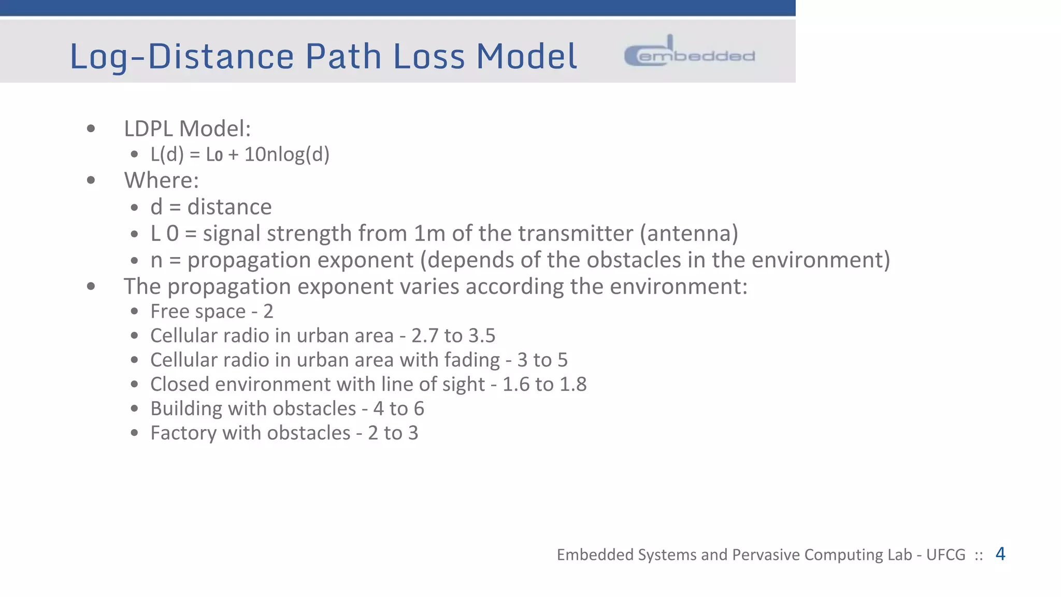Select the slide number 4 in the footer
pos(1000,553)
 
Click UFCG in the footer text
pos(945,555)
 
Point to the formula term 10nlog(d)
pos(286,154)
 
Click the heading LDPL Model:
pos(187,129)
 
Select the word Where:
pos(161,180)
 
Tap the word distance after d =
pos(230,207)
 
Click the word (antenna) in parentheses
pos(689,233)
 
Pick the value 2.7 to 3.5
pos(453,336)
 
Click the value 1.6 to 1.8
pos(544,385)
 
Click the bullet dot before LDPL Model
pos(91,129)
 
